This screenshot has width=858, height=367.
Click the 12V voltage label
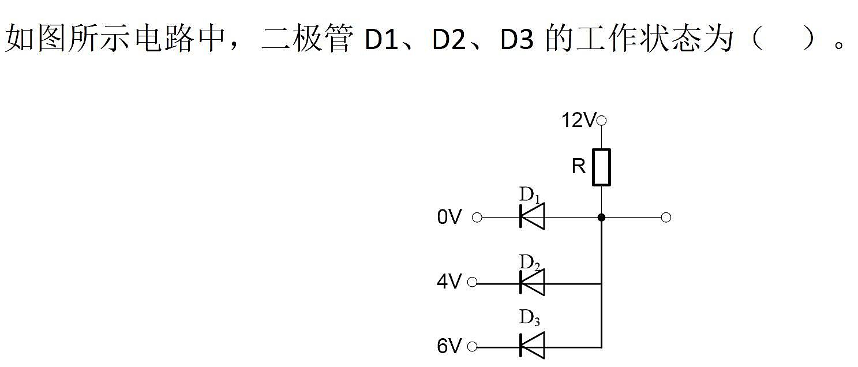[x=579, y=120]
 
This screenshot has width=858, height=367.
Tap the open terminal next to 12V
[x=601, y=121]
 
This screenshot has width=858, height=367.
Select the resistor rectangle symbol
[x=601, y=167]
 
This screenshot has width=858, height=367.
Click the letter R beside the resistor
[x=578, y=166]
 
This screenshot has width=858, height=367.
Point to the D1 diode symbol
[x=532, y=217]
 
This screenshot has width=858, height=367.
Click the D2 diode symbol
[x=532, y=283]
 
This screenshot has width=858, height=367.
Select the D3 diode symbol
[x=532, y=346]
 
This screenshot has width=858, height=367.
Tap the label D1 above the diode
[x=530, y=194]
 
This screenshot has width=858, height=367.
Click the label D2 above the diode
[x=530, y=263]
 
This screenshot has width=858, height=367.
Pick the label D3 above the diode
[x=530, y=317]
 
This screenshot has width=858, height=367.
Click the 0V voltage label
[x=449, y=217]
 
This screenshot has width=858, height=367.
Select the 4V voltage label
[x=449, y=282]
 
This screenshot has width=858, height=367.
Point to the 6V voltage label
[x=449, y=346]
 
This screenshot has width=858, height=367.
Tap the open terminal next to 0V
[x=477, y=218]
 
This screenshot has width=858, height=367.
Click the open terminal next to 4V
[x=473, y=283]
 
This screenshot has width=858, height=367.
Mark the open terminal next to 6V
[x=473, y=347]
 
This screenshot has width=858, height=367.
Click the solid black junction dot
[x=601, y=218]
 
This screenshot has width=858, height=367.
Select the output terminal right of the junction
[x=666, y=218]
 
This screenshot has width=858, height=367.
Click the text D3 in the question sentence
[x=517, y=39]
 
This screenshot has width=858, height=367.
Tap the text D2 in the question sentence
[x=449, y=39]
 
